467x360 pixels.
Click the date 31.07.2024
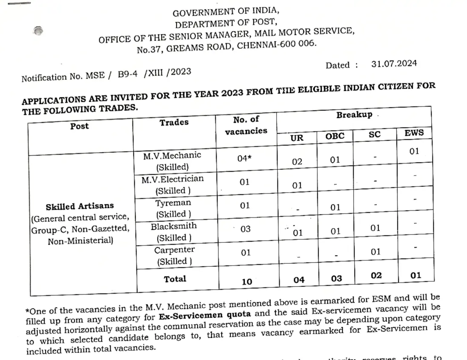(x=394, y=64)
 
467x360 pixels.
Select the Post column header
(x=80, y=126)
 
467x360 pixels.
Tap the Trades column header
(x=174, y=123)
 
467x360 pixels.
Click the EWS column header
(x=414, y=132)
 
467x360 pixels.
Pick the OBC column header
(x=335, y=136)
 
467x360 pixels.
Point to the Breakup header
(x=354, y=115)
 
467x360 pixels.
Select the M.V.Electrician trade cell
(x=172, y=184)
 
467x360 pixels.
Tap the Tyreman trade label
(x=173, y=208)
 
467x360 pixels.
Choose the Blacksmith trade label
(x=173, y=231)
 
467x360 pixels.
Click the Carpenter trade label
(x=174, y=255)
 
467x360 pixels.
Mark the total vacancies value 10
(x=246, y=281)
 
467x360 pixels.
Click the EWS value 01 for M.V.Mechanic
(x=414, y=151)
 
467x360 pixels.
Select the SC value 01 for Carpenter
(x=375, y=251)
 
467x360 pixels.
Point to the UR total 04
(x=299, y=280)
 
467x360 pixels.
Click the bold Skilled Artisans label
(x=80, y=206)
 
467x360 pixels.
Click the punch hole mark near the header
(x=38, y=31)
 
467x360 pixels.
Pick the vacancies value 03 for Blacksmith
(x=246, y=229)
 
